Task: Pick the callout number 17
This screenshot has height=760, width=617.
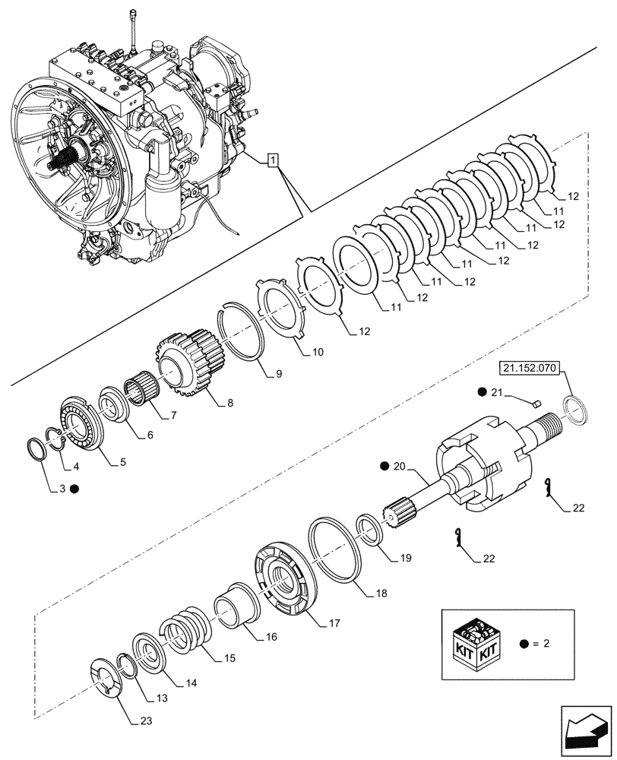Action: (x=334, y=622)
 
